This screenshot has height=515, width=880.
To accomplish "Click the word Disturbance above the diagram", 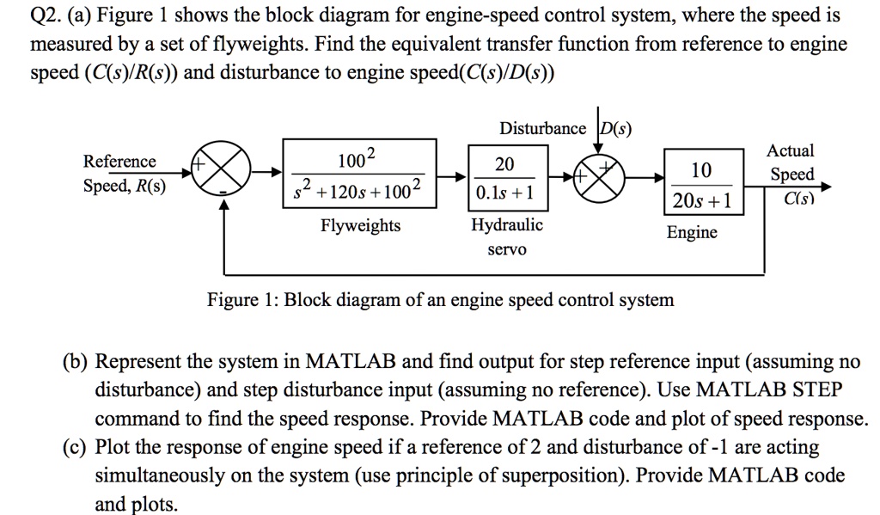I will click(x=542, y=129).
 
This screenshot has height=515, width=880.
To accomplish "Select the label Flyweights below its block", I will click(x=360, y=225).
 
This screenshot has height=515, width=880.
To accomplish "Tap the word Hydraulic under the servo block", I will click(x=507, y=224).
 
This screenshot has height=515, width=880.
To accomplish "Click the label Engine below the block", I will click(x=692, y=232).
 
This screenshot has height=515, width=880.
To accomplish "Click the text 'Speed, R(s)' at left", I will click(x=125, y=186).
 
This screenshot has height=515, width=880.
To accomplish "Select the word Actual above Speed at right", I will click(x=791, y=150).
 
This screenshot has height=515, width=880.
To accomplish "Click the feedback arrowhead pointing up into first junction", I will click(x=225, y=206).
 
